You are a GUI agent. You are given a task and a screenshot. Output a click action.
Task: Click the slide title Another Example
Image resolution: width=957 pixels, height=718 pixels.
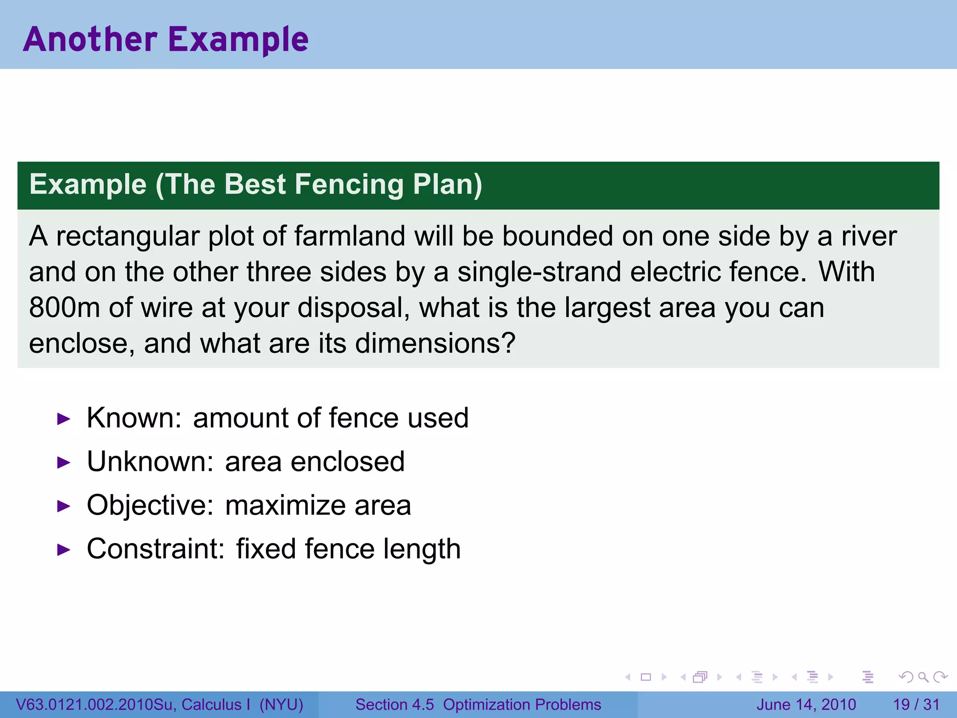point(166,39)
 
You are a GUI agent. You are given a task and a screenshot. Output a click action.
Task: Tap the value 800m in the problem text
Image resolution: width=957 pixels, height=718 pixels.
point(64,308)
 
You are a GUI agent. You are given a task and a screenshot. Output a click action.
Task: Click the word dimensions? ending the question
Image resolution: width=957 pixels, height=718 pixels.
point(435,343)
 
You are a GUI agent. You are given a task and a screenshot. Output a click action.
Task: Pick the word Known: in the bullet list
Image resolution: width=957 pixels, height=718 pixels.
point(134,417)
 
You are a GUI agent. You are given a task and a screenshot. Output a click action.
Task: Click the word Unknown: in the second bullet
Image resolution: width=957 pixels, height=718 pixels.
point(150,461)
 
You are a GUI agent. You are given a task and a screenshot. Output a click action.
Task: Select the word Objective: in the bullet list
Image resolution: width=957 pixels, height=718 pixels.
point(150,505)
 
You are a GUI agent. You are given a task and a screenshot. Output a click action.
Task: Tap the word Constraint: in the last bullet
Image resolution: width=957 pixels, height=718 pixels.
point(156,549)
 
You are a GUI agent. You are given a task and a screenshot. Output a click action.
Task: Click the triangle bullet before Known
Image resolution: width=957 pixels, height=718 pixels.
point(64,419)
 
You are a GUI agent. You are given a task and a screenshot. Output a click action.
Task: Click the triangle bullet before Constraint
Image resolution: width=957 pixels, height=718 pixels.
point(64,550)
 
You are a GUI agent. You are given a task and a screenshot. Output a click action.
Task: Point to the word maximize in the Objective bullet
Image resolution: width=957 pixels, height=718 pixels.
point(285,505)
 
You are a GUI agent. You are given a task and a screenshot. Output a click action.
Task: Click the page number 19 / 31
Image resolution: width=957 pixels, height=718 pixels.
point(916,704)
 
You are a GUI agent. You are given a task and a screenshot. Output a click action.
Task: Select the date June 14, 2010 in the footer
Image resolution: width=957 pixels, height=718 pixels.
point(806,704)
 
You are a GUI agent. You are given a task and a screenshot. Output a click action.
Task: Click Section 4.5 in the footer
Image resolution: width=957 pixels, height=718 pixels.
point(394,704)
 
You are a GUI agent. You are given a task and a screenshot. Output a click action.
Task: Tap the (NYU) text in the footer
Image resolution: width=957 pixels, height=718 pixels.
point(281,704)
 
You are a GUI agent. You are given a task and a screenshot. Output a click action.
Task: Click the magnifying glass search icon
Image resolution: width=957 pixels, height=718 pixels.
point(923,677)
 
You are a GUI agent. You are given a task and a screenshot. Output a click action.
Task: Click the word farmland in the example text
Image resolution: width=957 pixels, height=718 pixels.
point(350,236)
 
